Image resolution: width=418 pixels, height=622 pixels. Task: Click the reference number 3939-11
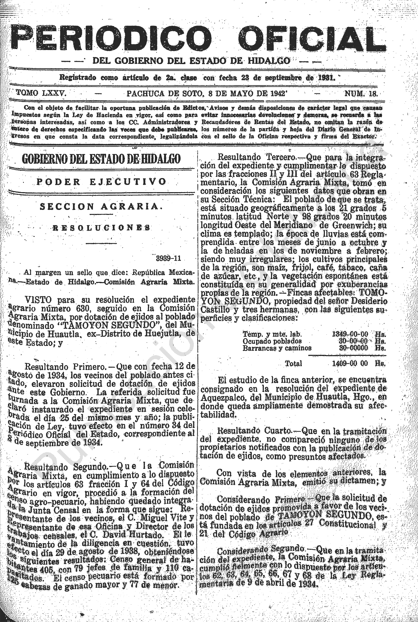(168, 258)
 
